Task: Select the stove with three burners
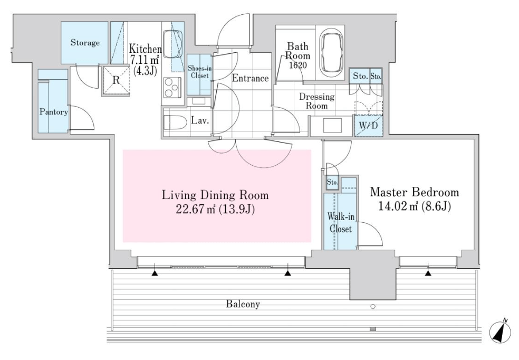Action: [172, 87]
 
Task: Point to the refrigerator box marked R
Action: [116, 80]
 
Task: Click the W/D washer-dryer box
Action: [368, 126]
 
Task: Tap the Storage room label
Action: [85, 43]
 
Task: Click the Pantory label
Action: [54, 111]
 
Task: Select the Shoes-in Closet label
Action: [199, 72]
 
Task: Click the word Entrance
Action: [250, 78]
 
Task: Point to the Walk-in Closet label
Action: [341, 223]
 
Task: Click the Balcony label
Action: [243, 304]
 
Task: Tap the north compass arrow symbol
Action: [500, 331]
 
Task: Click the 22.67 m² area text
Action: [197, 210]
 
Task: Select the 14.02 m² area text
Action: [399, 206]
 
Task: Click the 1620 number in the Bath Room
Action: [298, 65]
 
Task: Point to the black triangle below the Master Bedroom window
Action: [428, 273]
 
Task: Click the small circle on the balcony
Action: [373, 307]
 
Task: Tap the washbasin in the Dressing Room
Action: [332, 126]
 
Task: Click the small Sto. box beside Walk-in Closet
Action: [332, 182]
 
